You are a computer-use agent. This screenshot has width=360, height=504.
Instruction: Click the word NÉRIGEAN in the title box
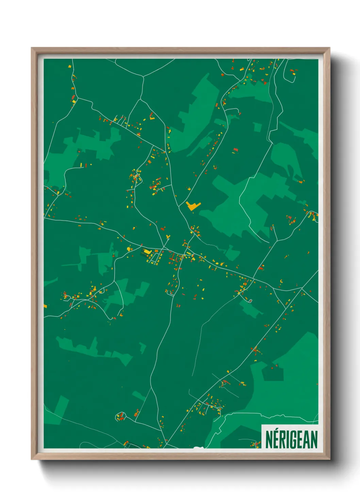pyautogui.click(x=291, y=439)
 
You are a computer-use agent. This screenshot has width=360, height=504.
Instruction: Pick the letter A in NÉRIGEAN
pyautogui.click(x=306, y=440)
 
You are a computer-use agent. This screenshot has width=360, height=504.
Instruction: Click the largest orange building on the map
pyautogui.click(x=193, y=206)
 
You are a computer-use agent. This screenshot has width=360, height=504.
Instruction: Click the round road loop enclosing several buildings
pyautogui.click(x=120, y=416)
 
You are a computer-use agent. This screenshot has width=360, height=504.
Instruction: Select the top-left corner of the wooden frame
pyautogui.click(x=32, y=48)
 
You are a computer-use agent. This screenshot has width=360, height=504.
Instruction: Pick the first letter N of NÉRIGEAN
pyautogui.click(x=269, y=440)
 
